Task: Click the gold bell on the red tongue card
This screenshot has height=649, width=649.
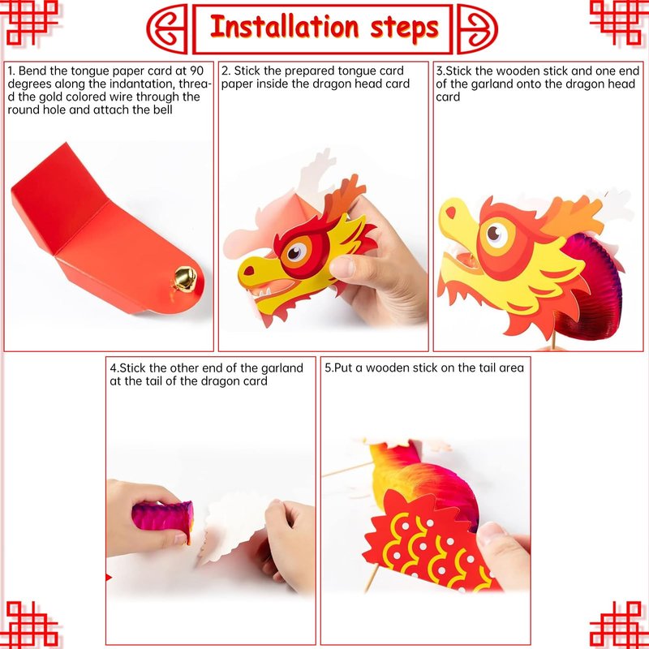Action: (184, 278)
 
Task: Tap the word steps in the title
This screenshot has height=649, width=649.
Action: (404, 29)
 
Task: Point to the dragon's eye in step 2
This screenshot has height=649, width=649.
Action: (297, 252)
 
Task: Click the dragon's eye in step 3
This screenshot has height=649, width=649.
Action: (496, 234)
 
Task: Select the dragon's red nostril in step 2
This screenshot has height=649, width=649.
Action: (249, 270)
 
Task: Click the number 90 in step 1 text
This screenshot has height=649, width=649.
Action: (197, 71)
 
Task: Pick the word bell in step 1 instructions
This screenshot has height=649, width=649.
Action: (161, 110)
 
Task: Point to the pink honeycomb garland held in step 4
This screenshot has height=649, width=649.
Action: (163, 519)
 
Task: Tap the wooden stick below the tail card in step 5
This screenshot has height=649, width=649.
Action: (370, 578)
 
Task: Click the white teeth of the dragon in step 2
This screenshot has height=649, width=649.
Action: (263, 292)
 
